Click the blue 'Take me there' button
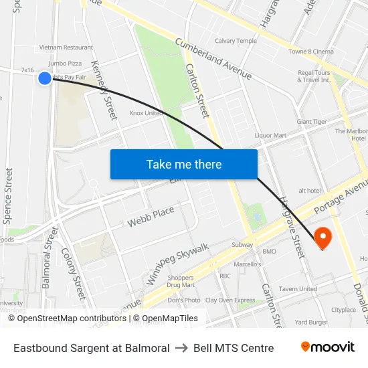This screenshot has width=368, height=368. pos(184,164)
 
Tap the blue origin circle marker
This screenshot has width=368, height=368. pos(45,78)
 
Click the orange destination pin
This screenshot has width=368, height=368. pos(323,238)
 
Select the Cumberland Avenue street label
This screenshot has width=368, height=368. pos(213,58)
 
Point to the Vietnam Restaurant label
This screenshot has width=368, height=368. pos(66,48)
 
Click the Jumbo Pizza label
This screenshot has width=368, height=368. pos(65,63)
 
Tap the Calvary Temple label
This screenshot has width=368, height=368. pos(236,41)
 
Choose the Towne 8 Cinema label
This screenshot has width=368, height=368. pos(310,52)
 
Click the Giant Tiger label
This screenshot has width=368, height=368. pos(312,122)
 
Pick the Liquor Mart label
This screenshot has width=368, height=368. pos(270,135)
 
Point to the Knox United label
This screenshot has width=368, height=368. pos(146,113)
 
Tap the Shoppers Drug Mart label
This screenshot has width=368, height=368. pos(181,282)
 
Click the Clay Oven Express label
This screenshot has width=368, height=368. pos(230,300)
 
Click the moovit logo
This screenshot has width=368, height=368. pos(327,347)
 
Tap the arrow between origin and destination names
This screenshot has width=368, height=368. pos(181,348)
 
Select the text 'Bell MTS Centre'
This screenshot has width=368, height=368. pos(234,348)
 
